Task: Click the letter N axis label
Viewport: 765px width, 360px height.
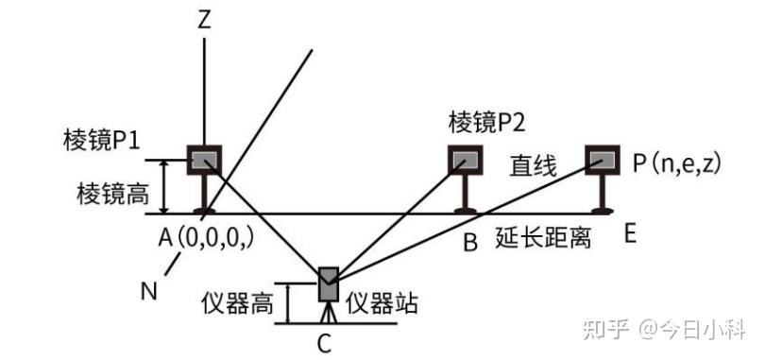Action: pos(149,292)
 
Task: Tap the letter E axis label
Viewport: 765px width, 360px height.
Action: pos(630,235)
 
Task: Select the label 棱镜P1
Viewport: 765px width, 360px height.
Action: pos(101,141)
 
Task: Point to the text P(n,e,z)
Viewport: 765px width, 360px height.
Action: pos(676,163)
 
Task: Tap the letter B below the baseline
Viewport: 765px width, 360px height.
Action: pos(470,242)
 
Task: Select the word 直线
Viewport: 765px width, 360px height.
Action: pos(534,167)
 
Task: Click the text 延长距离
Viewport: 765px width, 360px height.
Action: pos(543,238)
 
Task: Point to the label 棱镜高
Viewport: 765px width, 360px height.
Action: pos(112,195)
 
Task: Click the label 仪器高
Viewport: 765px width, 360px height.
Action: pos(237,305)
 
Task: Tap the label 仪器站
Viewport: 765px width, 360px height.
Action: pos(382,305)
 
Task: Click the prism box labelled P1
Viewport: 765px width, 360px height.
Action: pos(204,160)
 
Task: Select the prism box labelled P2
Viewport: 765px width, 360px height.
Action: pos(466,160)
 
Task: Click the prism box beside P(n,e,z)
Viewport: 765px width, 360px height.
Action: pos(603,160)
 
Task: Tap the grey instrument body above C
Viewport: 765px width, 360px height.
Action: pos(329,283)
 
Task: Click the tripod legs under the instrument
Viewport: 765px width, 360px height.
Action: pos(329,312)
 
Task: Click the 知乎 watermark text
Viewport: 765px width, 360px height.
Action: pos(606,331)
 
